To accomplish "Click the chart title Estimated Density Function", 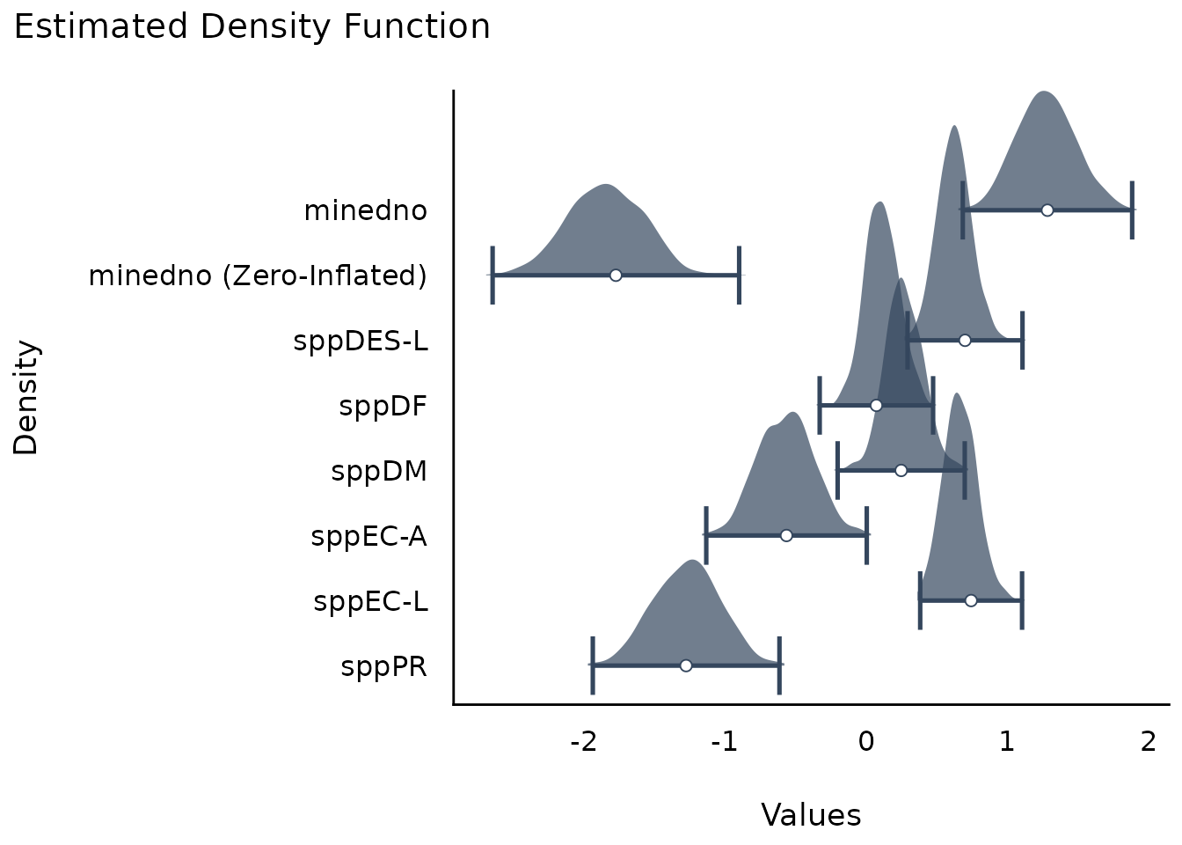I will coord(252,27).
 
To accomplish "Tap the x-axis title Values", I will coord(811,815).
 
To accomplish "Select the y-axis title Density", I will coord(27,397).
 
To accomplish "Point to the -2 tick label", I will coord(584,742).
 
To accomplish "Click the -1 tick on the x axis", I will coord(725,742).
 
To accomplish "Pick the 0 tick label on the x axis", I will coord(866,742).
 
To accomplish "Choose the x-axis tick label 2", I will coord(1148,742).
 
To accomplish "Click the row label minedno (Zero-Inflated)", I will coord(258,276).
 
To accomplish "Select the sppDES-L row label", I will coord(361,341).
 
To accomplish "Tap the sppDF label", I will coord(383,406).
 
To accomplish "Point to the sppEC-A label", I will coord(369,536).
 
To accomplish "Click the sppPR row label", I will coord(384,667).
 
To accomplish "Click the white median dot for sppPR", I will coord(686,665).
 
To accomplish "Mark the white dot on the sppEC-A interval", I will coord(786,535).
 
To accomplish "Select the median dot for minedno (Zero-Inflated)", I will coord(616,275).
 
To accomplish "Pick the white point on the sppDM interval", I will coord(901,470).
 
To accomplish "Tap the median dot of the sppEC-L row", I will coord(971,600).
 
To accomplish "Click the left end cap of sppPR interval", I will coord(593,665).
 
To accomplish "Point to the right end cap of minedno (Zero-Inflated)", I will coord(740,275).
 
